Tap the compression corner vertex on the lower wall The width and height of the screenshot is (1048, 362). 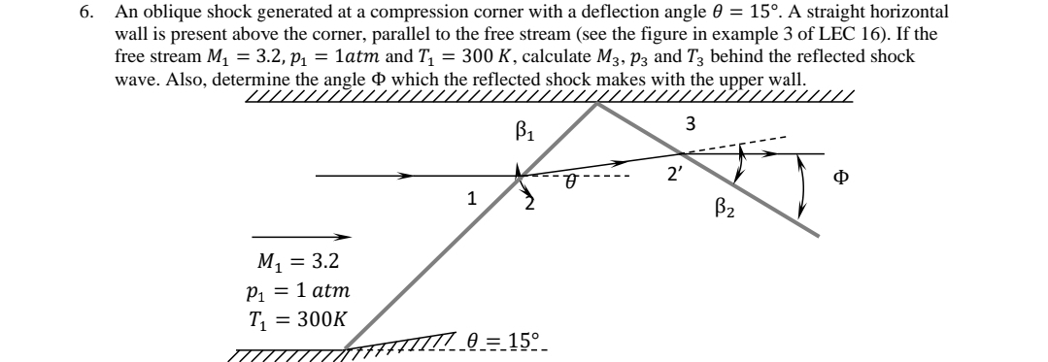pyautogui.click(x=348, y=346)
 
